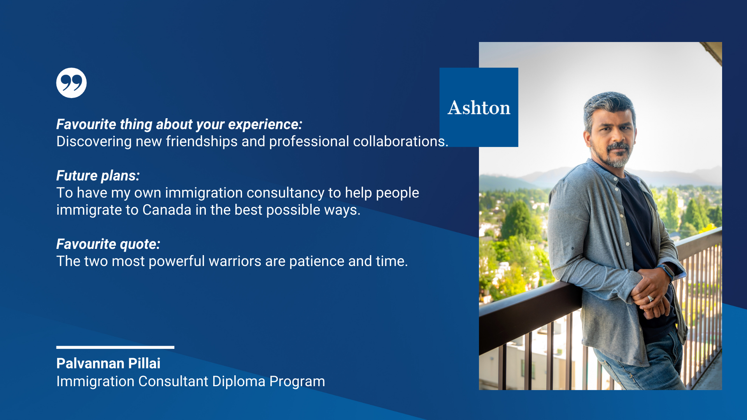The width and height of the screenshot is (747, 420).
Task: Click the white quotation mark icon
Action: (72, 83)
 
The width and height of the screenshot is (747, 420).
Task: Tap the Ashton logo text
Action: (479, 108)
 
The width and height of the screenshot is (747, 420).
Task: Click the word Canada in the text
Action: (167, 210)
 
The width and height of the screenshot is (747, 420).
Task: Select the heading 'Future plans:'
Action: (98, 176)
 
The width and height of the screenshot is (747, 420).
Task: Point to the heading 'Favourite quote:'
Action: (109, 244)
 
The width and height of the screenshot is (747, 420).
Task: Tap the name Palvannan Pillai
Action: (109, 363)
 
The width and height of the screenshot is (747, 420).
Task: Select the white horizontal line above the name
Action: (115, 347)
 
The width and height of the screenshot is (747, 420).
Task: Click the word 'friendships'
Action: (202, 142)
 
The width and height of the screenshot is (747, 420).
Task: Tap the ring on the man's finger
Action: (650, 299)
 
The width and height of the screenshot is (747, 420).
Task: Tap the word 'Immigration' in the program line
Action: (95, 381)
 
